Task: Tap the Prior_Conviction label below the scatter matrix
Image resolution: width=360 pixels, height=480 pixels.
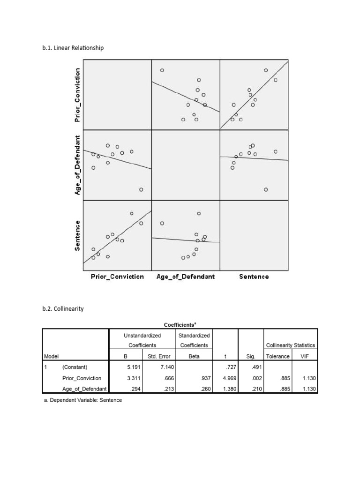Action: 117,277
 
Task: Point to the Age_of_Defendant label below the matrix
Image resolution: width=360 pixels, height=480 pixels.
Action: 185,277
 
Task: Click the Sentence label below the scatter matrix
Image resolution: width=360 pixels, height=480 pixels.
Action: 254,277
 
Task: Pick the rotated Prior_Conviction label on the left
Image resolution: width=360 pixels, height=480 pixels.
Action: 78,95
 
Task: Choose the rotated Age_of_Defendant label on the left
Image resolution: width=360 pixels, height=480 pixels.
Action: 78,165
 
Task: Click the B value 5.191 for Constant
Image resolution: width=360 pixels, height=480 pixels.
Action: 134,367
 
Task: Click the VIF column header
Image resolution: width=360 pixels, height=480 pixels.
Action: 305,356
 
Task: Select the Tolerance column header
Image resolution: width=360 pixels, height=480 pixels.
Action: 277,356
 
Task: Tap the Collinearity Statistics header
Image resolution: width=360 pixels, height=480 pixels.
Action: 291,345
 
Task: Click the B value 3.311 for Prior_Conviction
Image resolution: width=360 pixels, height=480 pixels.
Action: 134,378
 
